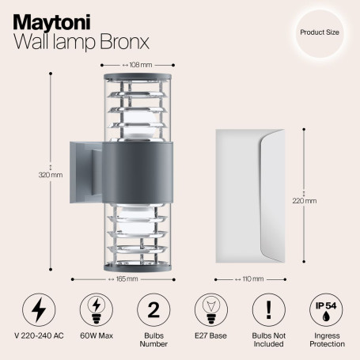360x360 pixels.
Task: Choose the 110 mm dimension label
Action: (252, 279)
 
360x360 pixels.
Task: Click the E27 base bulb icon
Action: (210, 309)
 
